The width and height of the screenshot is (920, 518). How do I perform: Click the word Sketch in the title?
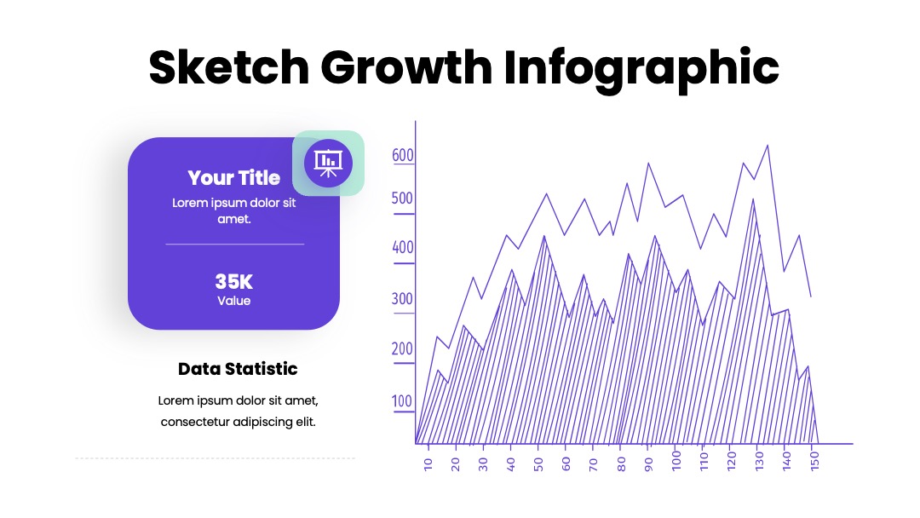229,66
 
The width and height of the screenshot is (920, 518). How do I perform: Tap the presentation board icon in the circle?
328,163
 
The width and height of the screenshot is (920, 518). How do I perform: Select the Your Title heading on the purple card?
234,178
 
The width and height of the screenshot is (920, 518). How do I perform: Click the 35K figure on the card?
234,282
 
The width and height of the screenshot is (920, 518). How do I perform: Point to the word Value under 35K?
234,301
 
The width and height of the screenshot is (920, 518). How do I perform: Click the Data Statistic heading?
238,369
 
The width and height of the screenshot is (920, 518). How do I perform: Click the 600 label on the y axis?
403,155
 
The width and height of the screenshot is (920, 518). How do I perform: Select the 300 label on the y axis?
402,299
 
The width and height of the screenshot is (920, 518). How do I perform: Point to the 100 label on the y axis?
402,401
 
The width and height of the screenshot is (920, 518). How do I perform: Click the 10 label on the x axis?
428,464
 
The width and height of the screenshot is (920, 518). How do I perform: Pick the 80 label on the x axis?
621,464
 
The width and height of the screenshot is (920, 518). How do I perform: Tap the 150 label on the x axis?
814,461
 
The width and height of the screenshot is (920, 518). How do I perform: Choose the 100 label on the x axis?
676,461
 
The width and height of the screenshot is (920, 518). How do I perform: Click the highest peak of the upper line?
768,146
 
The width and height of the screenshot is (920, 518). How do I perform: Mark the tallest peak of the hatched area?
753,200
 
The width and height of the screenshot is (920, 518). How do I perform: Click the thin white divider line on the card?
235,244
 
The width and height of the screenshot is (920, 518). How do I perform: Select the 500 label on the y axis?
402,199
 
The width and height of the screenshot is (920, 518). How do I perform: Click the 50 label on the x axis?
538,464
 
